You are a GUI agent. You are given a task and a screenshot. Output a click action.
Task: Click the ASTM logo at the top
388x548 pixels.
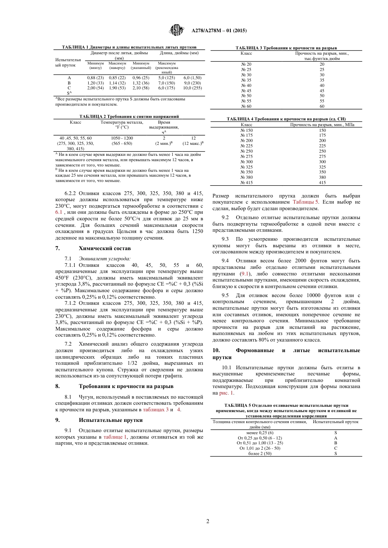click(x=176, y=30)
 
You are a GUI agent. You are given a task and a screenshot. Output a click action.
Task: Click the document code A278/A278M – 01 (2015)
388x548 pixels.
click(x=219, y=31)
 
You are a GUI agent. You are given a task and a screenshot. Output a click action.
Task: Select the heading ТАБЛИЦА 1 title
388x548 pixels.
click(x=129, y=47)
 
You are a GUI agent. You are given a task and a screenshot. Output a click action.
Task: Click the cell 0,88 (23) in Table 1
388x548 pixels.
click(x=96, y=78)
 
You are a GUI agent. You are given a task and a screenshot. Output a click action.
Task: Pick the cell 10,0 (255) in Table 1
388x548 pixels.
click(x=192, y=88)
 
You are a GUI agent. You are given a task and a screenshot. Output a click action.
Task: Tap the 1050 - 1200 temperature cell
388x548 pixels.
click(x=122, y=138)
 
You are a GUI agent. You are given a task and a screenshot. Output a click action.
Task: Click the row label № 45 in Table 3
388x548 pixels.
click(x=246, y=91)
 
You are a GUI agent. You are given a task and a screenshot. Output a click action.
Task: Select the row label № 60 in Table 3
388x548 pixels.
click(x=246, y=106)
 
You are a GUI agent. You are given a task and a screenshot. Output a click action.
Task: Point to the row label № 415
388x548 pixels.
click(x=246, y=182)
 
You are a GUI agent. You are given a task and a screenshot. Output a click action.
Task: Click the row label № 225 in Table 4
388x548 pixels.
click(x=246, y=146)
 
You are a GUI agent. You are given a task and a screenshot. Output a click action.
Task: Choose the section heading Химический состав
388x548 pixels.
click(x=105, y=248)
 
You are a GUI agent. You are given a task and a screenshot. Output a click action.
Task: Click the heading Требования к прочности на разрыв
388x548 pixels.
click(x=126, y=386)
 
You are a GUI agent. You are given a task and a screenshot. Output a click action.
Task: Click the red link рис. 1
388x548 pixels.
click(x=226, y=393)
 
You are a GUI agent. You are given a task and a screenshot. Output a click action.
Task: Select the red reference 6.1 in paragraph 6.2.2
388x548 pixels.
click(x=59, y=212)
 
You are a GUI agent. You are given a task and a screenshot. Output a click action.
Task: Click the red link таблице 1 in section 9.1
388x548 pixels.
click(x=115, y=437)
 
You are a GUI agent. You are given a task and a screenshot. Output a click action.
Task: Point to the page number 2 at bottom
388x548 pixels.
click(x=208, y=521)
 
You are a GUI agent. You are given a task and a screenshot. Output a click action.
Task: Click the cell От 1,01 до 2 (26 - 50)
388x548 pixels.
click(x=260, y=448)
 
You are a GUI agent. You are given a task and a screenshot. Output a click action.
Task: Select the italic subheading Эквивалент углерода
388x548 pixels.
click(x=105, y=258)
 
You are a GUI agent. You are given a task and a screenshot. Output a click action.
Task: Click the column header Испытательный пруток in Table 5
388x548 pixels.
click(x=335, y=422)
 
